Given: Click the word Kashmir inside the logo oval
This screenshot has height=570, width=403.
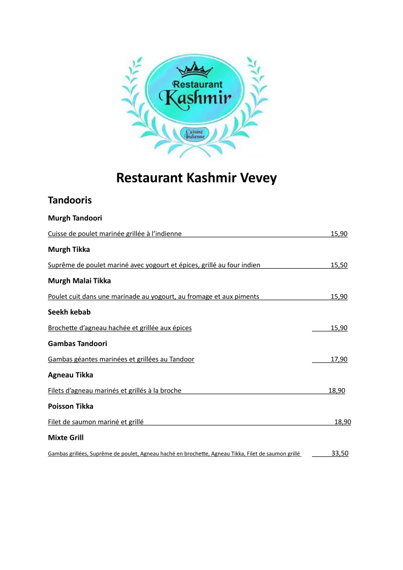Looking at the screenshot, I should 196,96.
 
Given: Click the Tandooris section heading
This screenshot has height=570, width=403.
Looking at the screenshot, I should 70,200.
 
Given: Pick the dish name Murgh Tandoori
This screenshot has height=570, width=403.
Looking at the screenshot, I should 75,218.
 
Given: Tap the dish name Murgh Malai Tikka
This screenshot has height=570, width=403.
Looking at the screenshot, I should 79,280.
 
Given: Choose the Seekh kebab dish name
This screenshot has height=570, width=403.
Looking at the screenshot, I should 69,312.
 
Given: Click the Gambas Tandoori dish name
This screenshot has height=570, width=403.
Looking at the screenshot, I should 77,343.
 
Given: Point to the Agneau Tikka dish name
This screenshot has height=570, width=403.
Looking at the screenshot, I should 71,375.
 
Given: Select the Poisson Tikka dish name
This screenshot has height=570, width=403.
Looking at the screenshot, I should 71,406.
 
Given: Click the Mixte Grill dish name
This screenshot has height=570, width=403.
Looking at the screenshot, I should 66,437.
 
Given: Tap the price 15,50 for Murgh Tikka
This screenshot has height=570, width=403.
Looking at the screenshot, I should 339,265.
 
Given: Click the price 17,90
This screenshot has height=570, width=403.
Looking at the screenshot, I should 339,359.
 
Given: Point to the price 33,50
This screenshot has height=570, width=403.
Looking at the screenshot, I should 340,454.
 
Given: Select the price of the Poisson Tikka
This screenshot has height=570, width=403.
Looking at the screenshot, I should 343,422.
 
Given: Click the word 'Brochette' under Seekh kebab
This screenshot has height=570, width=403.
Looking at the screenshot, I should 63,328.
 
